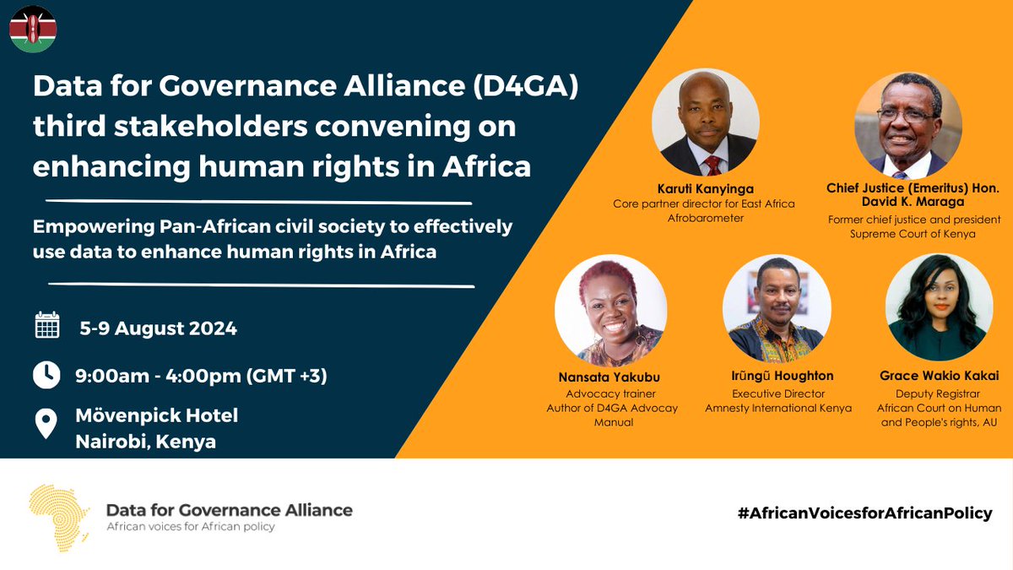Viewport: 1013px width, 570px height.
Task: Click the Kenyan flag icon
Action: point(33,29)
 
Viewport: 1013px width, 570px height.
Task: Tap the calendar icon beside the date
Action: point(47,326)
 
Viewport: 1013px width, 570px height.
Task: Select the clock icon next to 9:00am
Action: point(47,374)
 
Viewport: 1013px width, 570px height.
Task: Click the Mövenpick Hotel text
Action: point(157,415)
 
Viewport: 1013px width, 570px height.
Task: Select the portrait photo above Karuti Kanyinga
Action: point(705,122)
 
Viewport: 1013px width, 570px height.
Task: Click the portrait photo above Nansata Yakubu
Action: point(610,309)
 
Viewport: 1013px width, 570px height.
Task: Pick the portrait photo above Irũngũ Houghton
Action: point(778,309)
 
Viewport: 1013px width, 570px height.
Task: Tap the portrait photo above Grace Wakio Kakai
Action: point(939,309)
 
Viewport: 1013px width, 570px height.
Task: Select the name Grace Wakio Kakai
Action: point(939,376)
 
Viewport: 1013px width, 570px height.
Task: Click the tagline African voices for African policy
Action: point(190,526)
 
